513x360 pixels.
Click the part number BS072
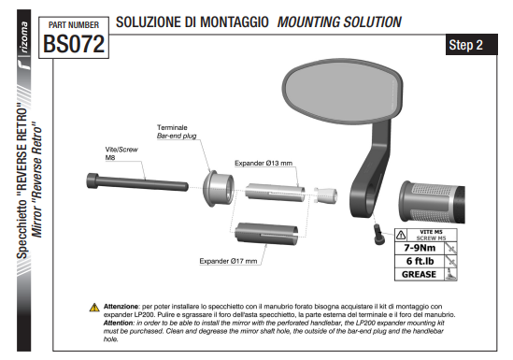click(74, 44)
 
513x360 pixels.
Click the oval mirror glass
click(342, 91)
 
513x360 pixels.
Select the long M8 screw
click(137, 182)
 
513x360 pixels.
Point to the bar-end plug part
click(219, 189)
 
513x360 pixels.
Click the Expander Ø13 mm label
click(264, 163)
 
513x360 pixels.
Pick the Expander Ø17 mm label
click(228, 261)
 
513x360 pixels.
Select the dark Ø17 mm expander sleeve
click(266, 234)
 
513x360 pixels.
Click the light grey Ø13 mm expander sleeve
click(275, 193)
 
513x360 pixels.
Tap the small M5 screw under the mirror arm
click(378, 234)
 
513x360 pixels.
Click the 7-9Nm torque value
click(420, 248)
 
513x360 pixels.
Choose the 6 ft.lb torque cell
click(420, 261)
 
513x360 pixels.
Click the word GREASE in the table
click(419, 274)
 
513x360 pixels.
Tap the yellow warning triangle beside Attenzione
click(94, 308)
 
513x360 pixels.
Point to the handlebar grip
click(432, 202)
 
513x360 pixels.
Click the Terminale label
click(172, 127)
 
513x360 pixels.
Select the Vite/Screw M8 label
click(121, 153)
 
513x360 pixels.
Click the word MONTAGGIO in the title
click(235, 22)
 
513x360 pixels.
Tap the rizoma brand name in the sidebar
click(24, 37)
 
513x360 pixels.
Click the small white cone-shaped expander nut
click(325, 194)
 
